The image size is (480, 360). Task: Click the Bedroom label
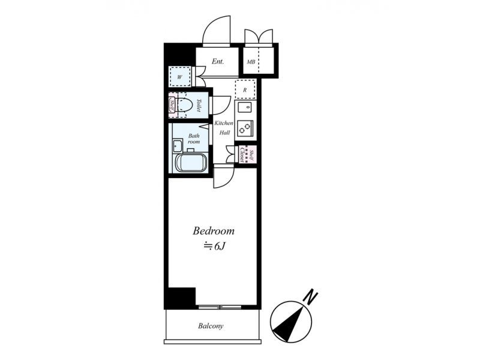point(214,231)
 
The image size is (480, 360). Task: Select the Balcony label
point(211,326)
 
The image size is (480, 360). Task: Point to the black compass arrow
point(289,325)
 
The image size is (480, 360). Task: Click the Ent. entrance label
point(218,61)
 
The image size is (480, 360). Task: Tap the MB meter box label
point(251,62)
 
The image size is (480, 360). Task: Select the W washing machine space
point(180,77)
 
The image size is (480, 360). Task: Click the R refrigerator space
point(245,89)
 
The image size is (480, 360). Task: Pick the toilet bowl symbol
point(185,106)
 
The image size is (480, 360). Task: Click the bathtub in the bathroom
point(190,162)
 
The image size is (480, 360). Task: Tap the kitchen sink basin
point(245,107)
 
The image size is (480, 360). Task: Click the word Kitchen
point(224,123)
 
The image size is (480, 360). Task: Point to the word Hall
point(224,133)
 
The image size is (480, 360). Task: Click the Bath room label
point(194,139)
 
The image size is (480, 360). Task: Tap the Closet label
point(242,155)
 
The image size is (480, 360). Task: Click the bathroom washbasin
point(177,146)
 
